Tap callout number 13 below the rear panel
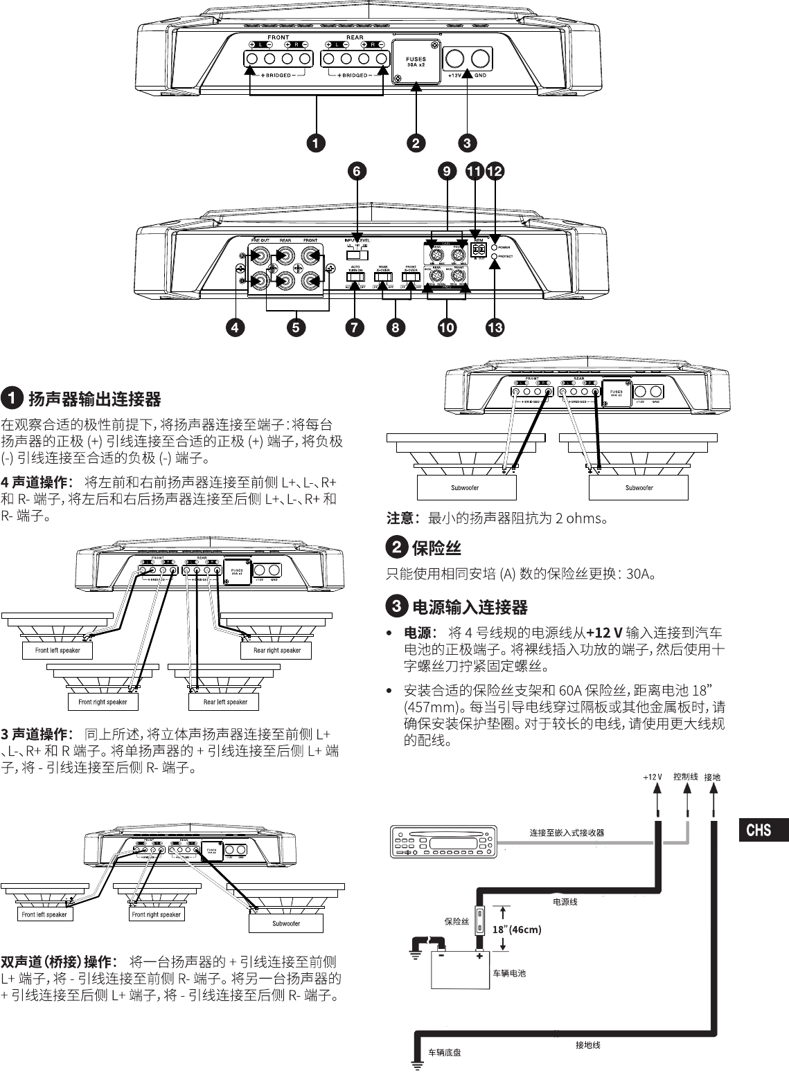tap(494, 328)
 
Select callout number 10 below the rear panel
tap(447, 328)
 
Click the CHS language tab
tap(759, 829)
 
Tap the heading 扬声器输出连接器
tap(94, 399)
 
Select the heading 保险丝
tap(436, 548)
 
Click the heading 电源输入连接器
tap(470, 607)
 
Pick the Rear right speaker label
tap(277, 650)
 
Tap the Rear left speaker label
tap(225, 702)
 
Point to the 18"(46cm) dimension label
tap(516, 929)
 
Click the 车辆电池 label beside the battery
tap(509, 973)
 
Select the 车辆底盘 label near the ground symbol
tap(444, 1052)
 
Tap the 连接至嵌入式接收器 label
tap(567, 832)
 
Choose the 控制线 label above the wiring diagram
tap(685, 777)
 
